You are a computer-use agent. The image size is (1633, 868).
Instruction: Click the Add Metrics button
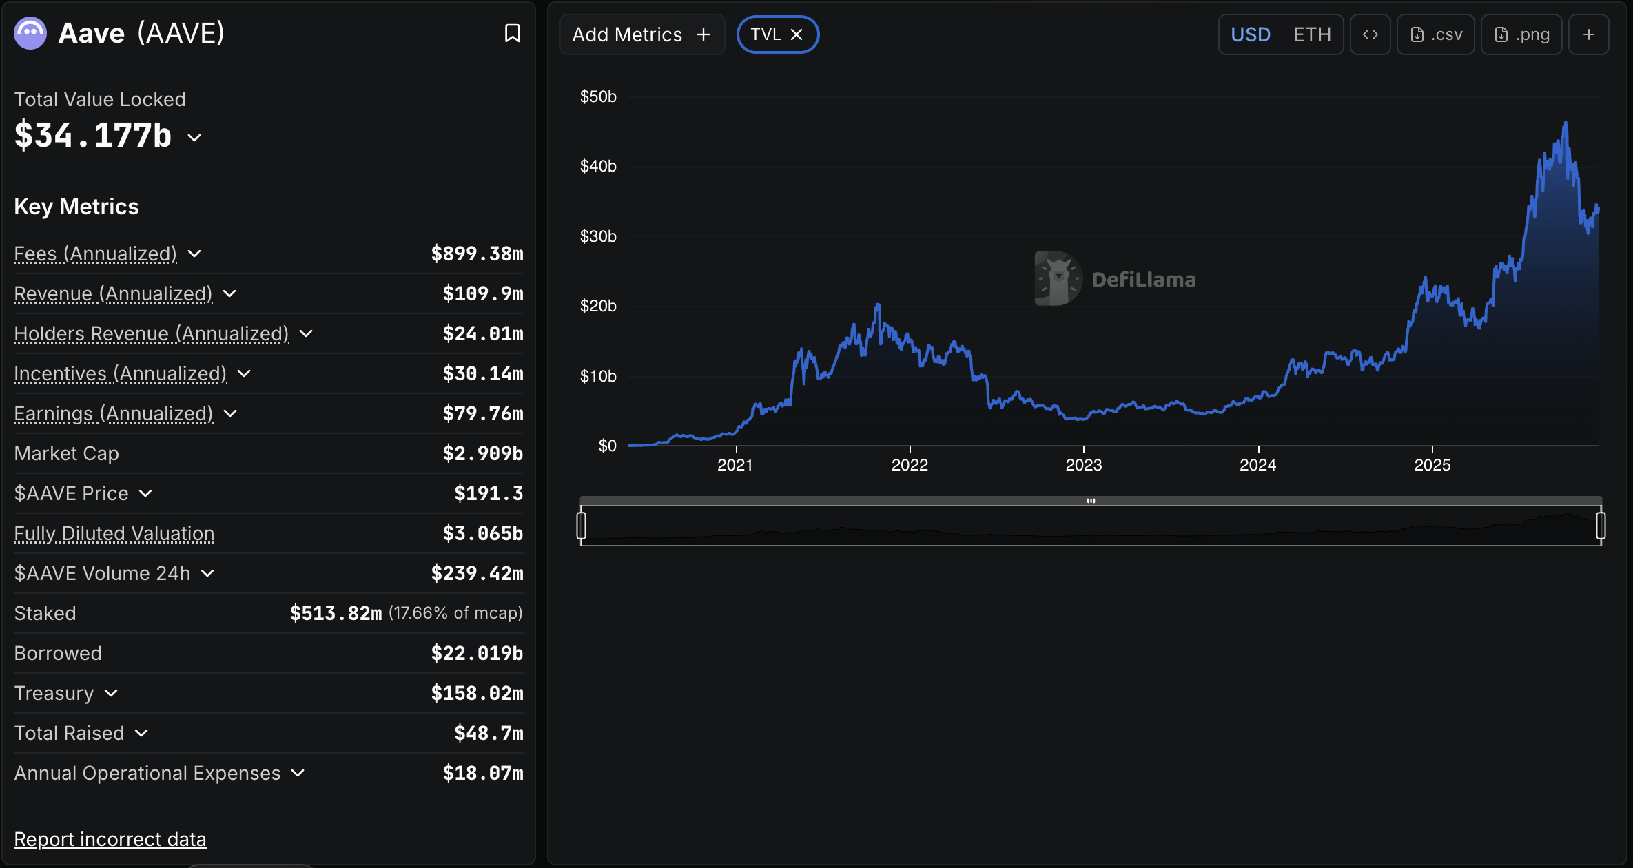pyautogui.click(x=641, y=34)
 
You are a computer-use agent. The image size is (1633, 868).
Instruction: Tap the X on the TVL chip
pyautogui.click(x=797, y=34)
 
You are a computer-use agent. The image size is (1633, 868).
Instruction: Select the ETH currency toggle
pyautogui.click(x=1311, y=34)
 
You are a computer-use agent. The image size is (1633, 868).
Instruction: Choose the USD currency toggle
pyautogui.click(x=1250, y=34)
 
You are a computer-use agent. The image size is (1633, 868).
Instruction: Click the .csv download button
pyautogui.click(x=1436, y=34)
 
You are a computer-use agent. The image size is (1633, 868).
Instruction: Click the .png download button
pyautogui.click(x=1521, y=34)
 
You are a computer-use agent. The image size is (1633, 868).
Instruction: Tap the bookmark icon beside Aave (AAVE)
pyautogui.click(x=512, y=33)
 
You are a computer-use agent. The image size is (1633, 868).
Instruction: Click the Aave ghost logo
pyautogui.click(x=30, y=33)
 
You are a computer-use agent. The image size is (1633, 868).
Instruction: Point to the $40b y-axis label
pyautogui.click(x=598, y=166)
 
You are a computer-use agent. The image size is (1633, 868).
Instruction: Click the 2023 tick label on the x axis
pyautogui.click(x=1083, y=465)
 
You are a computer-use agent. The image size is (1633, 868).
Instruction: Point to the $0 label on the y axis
pyautogui.click(x=607, y=446)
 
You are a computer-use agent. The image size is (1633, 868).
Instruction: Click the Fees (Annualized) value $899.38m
pyautogui.click(x=477, y=254)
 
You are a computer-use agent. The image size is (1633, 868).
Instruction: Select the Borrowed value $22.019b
pyautogui.click(x=477, y=653)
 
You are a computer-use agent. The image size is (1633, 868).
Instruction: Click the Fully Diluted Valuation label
pyautogui.click(x=114, y=533)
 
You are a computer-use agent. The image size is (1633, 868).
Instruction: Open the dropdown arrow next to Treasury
pyautogui.click(x=111, y=693)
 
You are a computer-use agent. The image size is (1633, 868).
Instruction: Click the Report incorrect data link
pyautogui.click(x=110, y=839)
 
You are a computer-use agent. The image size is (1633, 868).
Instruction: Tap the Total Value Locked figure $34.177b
pyautogui.click(x=93, y=135)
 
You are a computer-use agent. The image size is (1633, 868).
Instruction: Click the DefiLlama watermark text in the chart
pyautogui.click(x=1143, y=280)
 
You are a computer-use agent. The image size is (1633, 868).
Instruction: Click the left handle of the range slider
pyautogui.click(x=582, y=526)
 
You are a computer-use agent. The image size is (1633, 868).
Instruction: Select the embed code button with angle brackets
pyautogui.click(x=1370, y=34)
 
